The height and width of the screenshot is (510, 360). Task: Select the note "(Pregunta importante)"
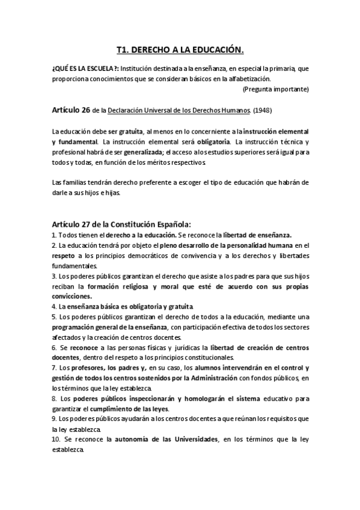(276, 89)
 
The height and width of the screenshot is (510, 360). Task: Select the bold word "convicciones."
(72, 296)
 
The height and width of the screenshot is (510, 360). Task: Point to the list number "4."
(54, 306)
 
